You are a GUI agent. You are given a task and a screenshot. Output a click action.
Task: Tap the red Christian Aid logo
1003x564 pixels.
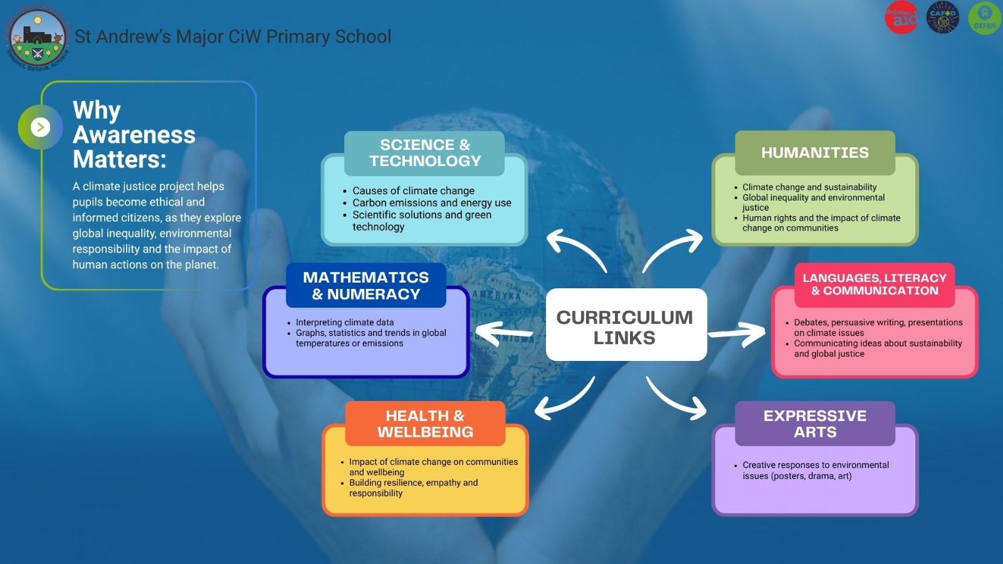901,18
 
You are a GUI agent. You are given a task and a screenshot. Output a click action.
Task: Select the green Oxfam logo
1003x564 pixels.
984,18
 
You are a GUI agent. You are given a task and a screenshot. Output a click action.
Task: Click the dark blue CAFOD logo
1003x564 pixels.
943,18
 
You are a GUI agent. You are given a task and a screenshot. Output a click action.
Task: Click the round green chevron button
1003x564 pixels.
41,127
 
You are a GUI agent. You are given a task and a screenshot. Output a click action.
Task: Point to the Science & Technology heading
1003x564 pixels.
424,153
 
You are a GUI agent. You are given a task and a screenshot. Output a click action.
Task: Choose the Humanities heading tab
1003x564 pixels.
815,152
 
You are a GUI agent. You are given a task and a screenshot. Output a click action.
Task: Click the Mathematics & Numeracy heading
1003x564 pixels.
366,285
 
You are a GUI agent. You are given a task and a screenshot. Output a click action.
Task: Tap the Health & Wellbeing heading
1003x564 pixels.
425,424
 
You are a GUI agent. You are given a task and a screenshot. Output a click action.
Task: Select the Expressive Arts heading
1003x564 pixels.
815,424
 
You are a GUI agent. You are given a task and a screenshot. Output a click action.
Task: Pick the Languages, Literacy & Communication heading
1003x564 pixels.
874,284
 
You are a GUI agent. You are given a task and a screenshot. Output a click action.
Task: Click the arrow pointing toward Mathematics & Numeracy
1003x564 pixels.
505,333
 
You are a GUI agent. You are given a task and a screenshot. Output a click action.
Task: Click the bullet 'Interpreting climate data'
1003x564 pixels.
345,322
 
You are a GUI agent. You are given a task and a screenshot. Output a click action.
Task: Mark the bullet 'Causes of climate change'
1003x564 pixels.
413,191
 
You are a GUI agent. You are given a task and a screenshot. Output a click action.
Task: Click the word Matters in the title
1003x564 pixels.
119,159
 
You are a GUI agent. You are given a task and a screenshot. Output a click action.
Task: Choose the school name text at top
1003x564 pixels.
233,36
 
